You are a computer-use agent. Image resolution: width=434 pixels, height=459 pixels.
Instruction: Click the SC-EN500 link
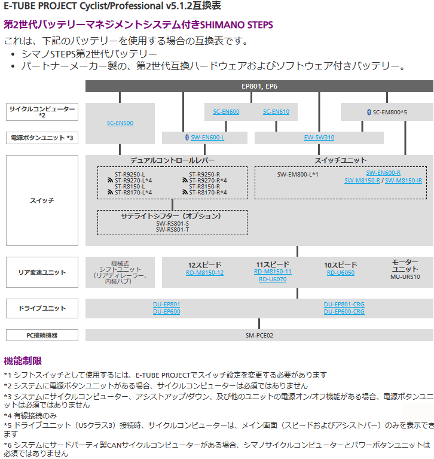(120, 123)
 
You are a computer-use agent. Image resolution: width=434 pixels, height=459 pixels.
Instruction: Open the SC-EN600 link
(226, 112)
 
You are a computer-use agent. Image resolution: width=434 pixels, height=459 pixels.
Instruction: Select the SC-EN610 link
(276, 112)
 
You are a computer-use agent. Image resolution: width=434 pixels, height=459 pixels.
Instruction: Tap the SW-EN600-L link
(207, 138)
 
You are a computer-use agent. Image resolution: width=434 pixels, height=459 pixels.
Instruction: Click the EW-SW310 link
(319, 138)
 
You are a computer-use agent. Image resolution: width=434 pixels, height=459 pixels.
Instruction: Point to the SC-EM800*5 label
(390, 112)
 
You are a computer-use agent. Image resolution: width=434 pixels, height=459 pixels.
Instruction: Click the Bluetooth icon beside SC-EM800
(369, 112)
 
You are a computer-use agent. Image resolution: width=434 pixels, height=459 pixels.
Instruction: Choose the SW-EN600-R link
(383, 173)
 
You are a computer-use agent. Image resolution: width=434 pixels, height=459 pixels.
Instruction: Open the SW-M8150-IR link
(404, 181)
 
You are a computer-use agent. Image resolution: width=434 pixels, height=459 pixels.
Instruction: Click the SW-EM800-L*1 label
(298, 175)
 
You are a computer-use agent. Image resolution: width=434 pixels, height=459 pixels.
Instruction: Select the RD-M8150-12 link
(204, 273)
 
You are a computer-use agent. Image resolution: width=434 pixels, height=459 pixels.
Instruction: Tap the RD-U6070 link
(273, 279)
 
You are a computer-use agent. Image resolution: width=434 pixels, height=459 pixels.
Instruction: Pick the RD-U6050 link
(341, 273)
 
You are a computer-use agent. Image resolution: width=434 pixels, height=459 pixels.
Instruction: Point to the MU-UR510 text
(405, 277)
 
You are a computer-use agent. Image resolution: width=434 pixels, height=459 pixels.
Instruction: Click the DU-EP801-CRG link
(344, 305)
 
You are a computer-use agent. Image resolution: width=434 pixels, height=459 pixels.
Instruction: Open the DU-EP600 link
(166, 312)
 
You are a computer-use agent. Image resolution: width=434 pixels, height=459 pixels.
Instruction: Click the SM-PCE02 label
(259, 336)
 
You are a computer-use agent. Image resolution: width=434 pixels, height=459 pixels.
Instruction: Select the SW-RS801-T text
(172, 230)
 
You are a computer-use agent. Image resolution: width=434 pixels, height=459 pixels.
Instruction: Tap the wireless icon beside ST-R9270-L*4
(110, 180)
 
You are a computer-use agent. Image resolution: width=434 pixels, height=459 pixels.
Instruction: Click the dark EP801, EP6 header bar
(259, 86)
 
